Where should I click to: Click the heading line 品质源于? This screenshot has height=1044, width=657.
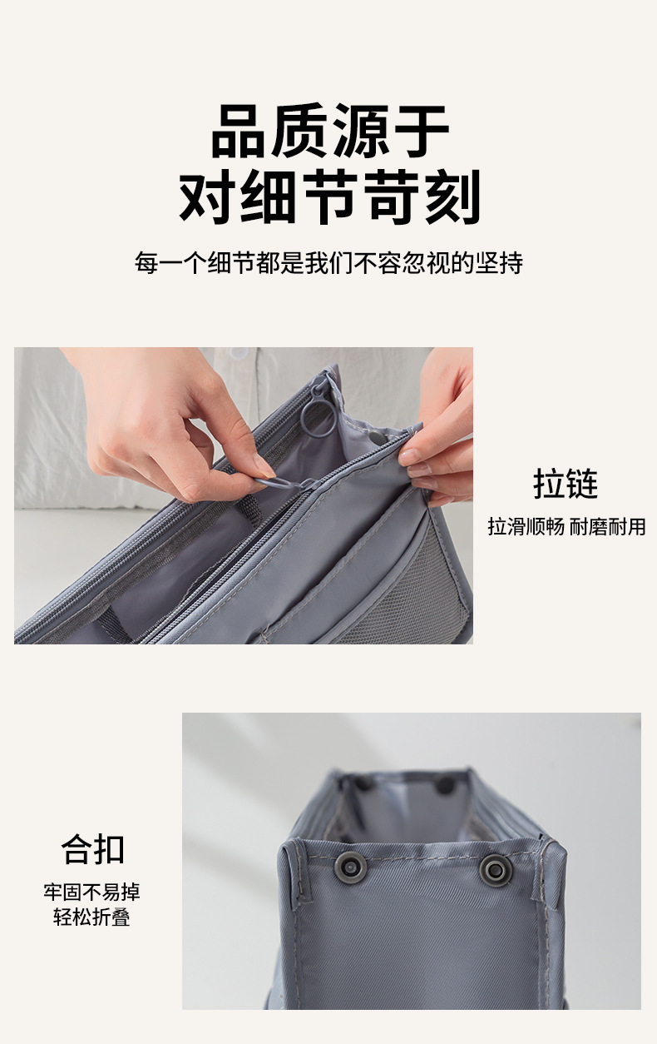pyautogui.click(x=329, y=132)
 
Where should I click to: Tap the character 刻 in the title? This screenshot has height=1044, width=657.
pyautogui.click(x=454, y=196)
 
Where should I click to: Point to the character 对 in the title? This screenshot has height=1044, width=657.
pyautogui.click(x=208, y=196)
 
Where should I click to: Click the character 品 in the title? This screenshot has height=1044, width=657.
pyautogui.click(x=240, y=132)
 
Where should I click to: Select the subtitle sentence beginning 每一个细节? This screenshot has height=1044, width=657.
pyautogui.click(x=328, y=263)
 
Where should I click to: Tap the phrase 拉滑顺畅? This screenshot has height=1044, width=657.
pyautogui.click(x=526, y=526)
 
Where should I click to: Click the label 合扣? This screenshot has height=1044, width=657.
pyautogui.click(x=93, y=849)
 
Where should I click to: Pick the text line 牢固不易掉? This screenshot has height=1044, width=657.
pyautogui.click(x=92, y=892)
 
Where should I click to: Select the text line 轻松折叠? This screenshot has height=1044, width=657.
pyautogui.click(x=92, y=918)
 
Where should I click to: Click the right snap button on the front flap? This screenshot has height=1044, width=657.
pyautogui.click(x=496, y=869)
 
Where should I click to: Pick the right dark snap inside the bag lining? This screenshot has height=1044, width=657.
pyautogui.click(x=446, y=784)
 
